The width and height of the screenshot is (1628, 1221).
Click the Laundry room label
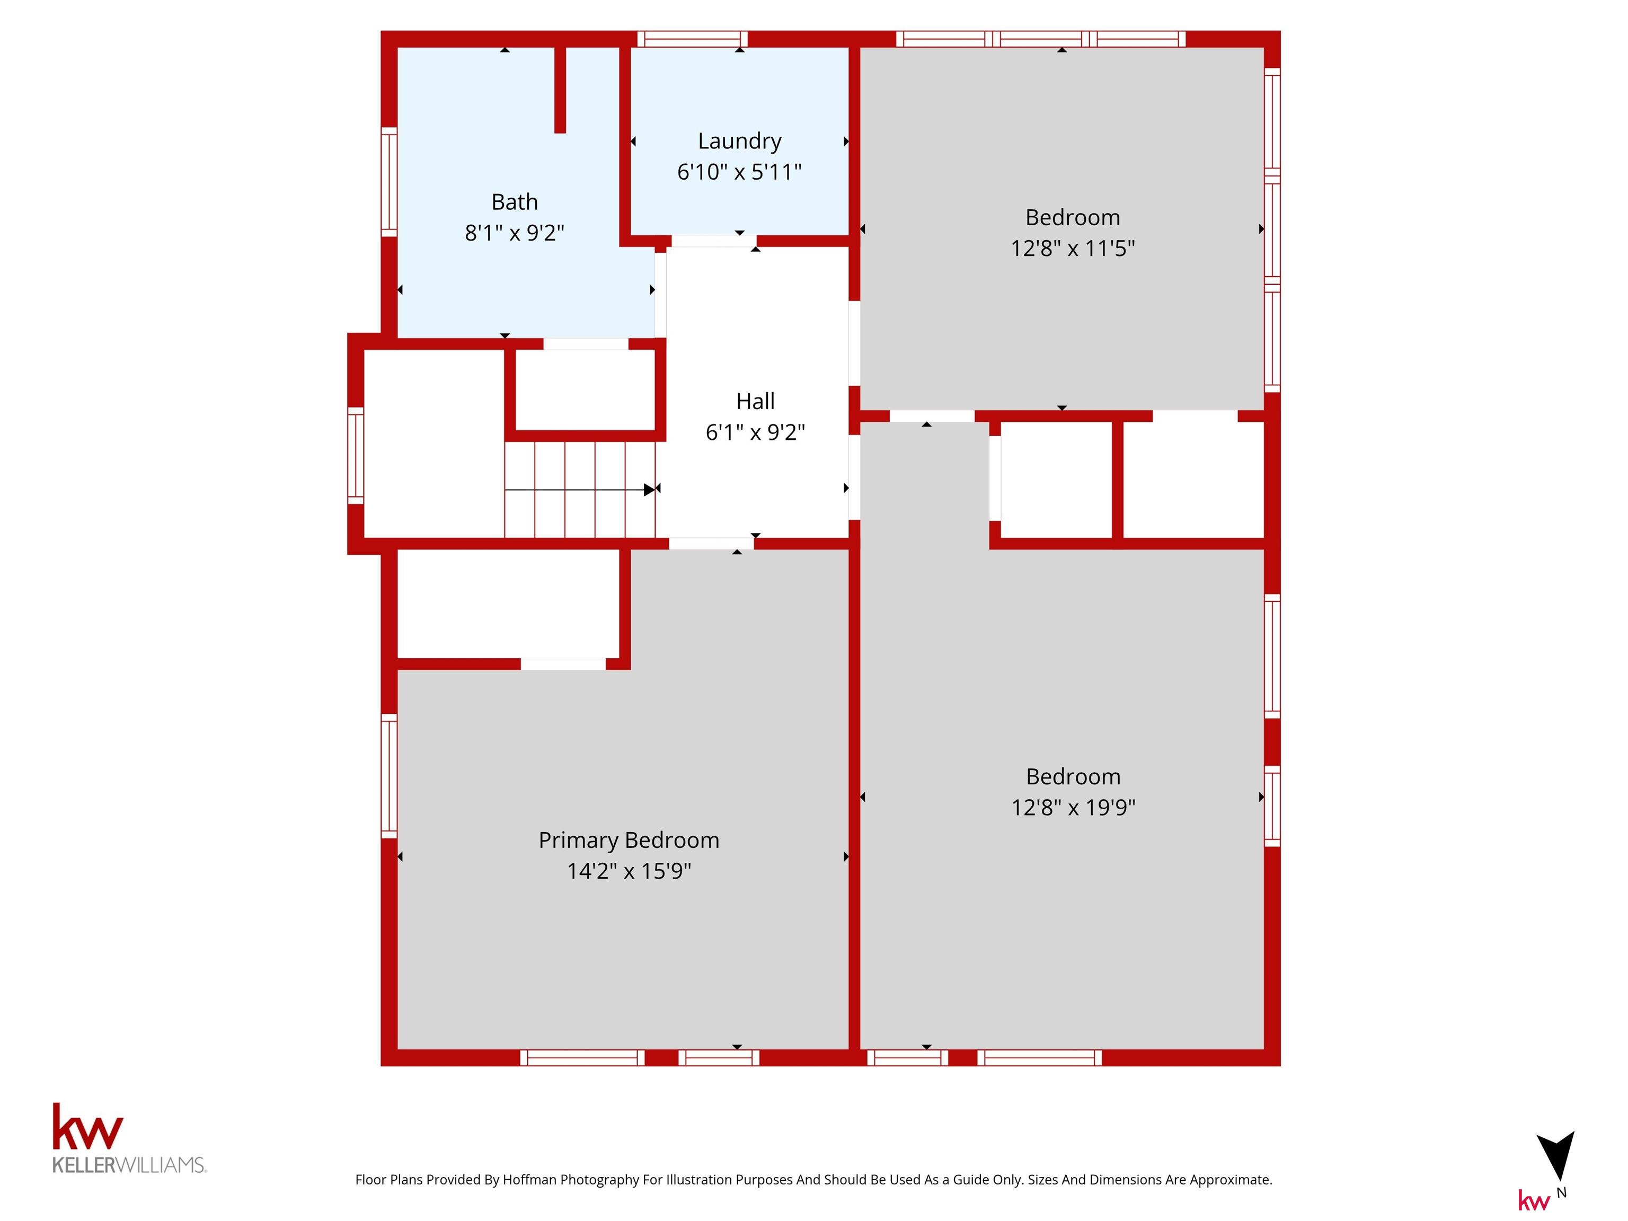(740, 140)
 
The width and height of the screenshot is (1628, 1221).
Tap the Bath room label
(515, 202)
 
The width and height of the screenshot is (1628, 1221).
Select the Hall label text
(755, 401)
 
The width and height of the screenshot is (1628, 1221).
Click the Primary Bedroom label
(629, 840)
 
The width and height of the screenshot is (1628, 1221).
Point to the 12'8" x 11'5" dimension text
(1072, 248)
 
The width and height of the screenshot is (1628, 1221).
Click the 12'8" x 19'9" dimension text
(1073, 808)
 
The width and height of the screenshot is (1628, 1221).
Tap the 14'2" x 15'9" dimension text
(629, 871)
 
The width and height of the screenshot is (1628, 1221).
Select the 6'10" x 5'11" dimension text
(740, 172)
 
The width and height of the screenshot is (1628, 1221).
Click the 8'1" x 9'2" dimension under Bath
(515, 233)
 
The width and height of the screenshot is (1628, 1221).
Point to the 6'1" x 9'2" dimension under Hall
(755, 432)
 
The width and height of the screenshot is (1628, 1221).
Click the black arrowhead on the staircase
(649, 490)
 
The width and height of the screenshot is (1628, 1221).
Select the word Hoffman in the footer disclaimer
(529, 1180)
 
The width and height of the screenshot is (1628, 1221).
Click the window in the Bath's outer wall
(388, 182)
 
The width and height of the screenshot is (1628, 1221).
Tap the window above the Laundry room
(692, 39)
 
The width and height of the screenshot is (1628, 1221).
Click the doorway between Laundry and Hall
(714, 241)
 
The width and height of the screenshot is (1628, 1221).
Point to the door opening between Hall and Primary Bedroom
(711, 544)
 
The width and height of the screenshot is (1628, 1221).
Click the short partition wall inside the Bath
(560, 90)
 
